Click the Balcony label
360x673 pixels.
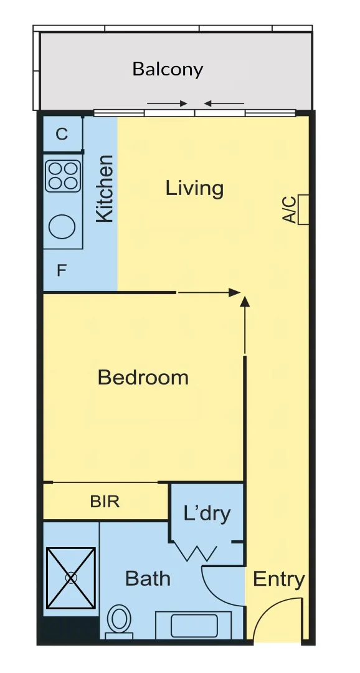(168, 69)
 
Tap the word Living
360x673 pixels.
(194, 188)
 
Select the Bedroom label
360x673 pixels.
(143, 377)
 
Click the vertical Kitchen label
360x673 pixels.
(105, 188)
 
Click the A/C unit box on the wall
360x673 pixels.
(305, 209)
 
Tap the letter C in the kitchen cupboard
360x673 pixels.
(62, 134)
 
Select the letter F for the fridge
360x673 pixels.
(62, 271)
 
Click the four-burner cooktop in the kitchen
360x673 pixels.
(63, 176)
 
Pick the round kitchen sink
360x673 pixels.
(63, 227)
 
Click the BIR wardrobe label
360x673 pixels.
(105, 501)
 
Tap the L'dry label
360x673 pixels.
(207, 513)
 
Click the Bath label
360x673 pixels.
(148, 578)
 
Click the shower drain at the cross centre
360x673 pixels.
(71, 578)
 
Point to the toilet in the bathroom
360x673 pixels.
(119, 621)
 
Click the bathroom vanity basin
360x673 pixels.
(193, 624)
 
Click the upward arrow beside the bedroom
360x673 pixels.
(245, 324)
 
